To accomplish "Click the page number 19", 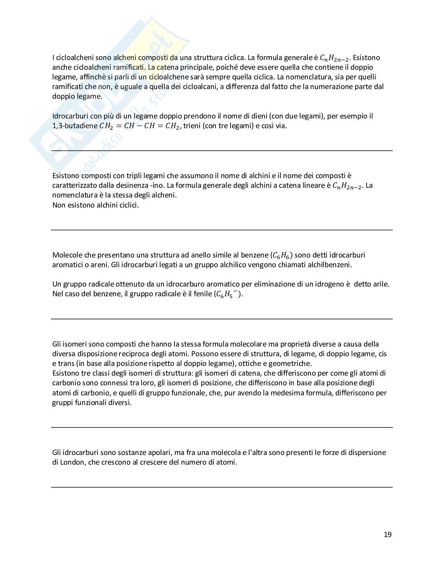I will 388,535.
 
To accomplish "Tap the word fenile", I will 200,294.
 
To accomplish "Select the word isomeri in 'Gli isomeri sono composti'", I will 75,344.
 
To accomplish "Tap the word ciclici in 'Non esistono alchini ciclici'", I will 127,205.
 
